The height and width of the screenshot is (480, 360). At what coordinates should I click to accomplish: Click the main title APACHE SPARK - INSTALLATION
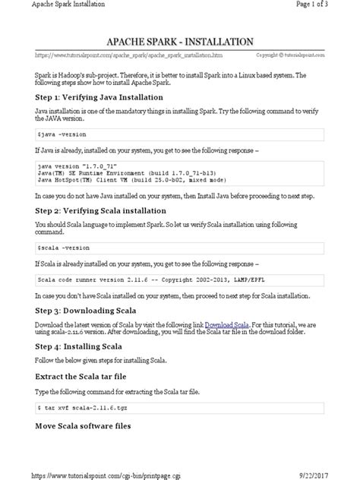pyautogui.click(x=180, y=40)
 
